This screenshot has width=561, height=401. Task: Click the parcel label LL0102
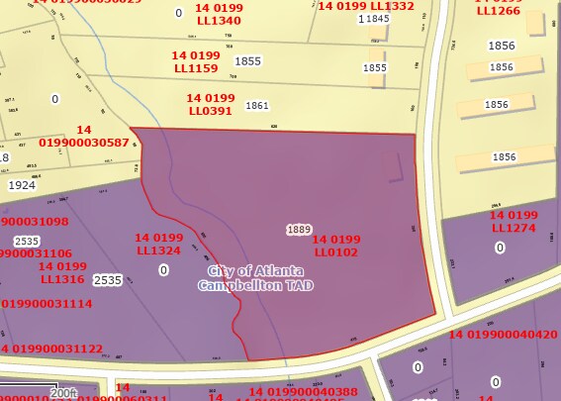tap(337, 252)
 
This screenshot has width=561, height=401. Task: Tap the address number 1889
tap(299, 230)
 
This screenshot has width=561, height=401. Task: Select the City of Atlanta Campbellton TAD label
tap(255, 278)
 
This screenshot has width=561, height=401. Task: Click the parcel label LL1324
tap(159, 251)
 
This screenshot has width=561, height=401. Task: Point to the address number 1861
tap(257, 106)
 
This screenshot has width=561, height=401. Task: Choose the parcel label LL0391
tap(211, 112)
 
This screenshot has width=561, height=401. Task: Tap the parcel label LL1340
tap(218, 21)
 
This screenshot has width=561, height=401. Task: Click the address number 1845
tap(376, 19)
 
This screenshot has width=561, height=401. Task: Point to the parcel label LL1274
tap(514, 228)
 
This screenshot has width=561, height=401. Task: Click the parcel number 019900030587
tap(84, 143)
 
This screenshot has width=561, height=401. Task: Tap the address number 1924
tap(22, 185)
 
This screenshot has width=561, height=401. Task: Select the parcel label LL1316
tap(62, 279)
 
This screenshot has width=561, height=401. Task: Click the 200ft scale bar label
tap(64, 393)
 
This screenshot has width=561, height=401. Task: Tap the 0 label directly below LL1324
tap(163, 270)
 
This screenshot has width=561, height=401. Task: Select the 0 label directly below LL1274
tap(500, 248)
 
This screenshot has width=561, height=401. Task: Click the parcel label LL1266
tap(498, 11)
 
